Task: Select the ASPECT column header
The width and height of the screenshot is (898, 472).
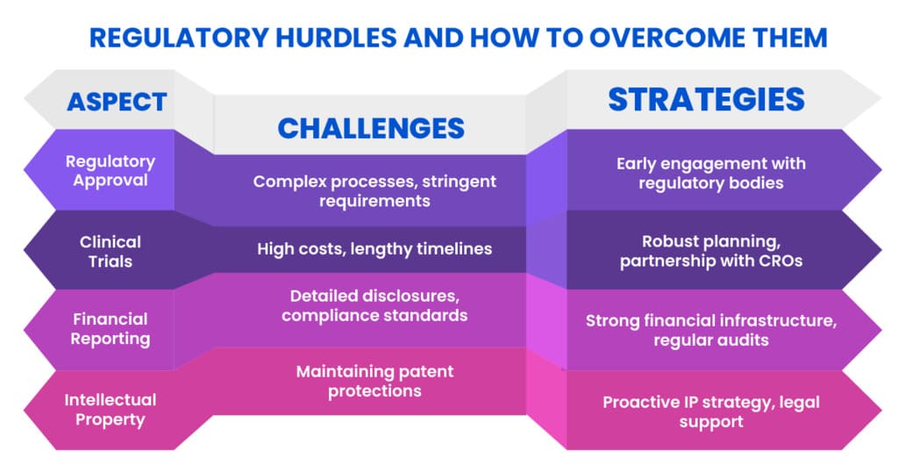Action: [117, 102]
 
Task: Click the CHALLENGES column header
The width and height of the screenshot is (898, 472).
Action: [371, 128]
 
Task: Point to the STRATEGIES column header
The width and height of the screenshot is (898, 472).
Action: [707, 99]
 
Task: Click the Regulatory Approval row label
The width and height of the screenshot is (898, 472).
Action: [110, 171]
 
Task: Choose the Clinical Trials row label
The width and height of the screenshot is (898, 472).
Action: [110, 252]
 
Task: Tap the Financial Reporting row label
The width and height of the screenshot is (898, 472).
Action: [110, 329]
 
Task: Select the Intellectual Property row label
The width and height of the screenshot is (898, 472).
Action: [110, 410]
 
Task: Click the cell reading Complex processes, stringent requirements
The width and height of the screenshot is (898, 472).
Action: [374, 190]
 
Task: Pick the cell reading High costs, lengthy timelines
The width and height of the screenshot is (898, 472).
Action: [374, 248]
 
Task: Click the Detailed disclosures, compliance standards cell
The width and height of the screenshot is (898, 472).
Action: [374, 305]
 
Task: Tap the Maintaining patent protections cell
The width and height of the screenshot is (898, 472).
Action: [374, 381]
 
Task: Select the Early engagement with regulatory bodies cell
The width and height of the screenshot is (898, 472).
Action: [711, 173]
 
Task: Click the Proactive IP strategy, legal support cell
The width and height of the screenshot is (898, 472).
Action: [711, 411]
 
